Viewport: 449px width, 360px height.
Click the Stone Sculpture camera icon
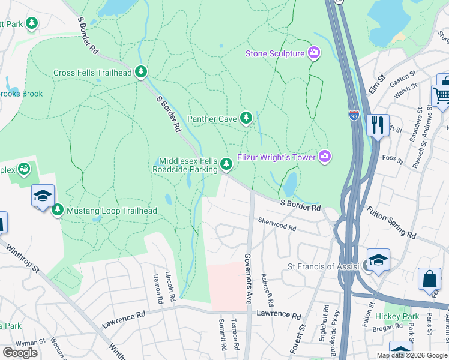[x=313, y=54]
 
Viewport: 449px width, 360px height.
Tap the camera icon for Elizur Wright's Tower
[x=325, y=157]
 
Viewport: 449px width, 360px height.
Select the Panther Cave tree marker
[x=246, y=118]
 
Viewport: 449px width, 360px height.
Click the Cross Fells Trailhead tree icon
[x=141, y=73]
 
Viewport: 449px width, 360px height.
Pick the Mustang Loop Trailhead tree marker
[x=58, y=211]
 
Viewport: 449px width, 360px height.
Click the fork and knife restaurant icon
[x=378, y=125]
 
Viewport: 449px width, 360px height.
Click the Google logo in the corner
[x=20, y=353]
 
